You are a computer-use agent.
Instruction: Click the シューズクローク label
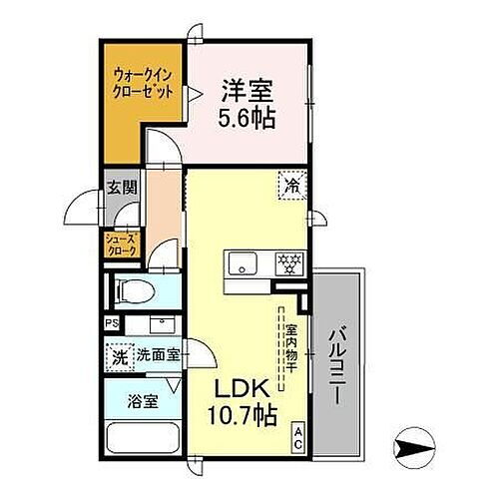(124, 247)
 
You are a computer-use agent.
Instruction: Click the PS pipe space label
(111, 323)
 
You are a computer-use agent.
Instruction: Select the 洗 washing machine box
(119, 356)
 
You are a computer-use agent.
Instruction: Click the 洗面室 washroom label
(160, 354)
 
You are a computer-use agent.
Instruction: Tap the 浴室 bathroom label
(142, 403)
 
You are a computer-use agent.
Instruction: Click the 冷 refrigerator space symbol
(292, 186)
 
